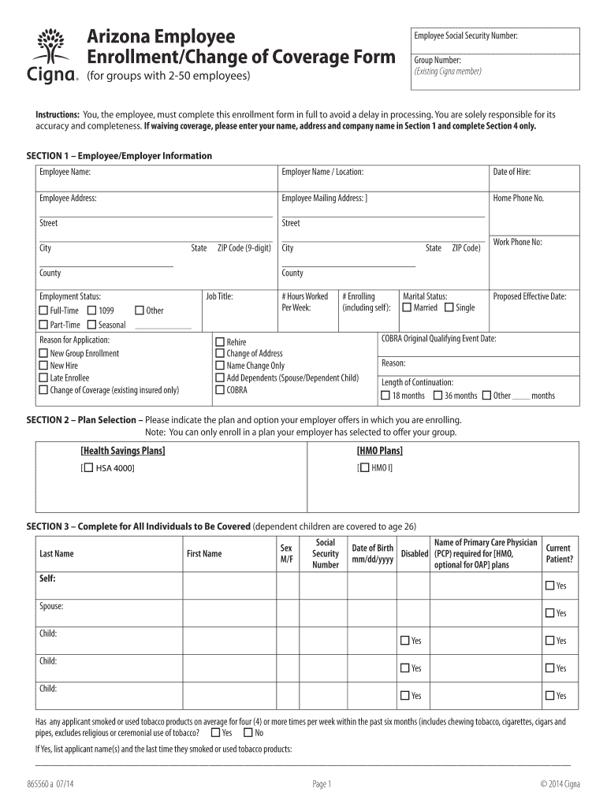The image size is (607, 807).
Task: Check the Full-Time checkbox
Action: (44, 311)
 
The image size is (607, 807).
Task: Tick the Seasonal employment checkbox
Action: (92, 325)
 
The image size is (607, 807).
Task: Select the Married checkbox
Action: (407, 307)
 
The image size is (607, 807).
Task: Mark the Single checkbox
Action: (449, 307)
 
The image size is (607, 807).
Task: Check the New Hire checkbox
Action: (44, 366)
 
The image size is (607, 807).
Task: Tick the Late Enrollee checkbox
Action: (44, 377)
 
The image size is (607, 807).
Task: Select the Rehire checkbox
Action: (220, 342)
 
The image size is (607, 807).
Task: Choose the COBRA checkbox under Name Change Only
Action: (220, 390)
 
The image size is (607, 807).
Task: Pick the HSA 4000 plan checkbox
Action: (88, 468)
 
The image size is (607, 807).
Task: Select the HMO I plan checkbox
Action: (363, 468)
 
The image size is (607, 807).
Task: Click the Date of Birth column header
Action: (372, 553)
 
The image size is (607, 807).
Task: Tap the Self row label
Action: (48, 578)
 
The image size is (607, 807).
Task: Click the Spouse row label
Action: (51, 606)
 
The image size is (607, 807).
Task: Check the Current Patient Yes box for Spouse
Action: (549, 613)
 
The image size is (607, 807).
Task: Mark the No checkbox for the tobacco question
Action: (248, 733)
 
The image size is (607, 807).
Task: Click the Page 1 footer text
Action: (322, 783)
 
